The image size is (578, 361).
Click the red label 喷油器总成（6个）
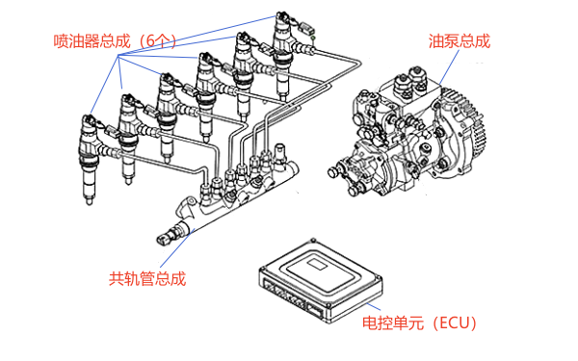pyautogui.click(x=115, y=41)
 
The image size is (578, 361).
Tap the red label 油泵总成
pyautogui.click(x=459, y=41)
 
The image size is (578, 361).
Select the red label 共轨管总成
pyautogui.click(x=146, y=279)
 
